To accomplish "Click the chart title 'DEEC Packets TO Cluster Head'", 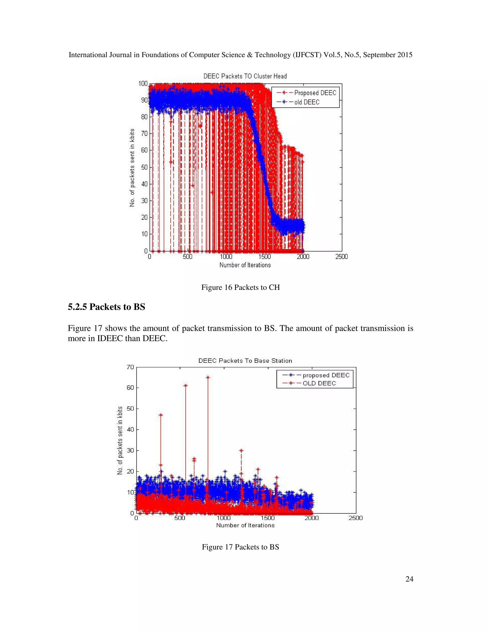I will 245,76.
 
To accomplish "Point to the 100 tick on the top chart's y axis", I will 143,84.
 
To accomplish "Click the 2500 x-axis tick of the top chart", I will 341,257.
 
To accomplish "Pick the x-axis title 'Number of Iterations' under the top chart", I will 245,265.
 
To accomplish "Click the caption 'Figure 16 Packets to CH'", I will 240,287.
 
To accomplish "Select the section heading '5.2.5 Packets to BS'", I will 106,307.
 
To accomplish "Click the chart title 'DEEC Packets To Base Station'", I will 245,361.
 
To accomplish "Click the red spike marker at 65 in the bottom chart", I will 208,377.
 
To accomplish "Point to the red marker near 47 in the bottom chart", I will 161,415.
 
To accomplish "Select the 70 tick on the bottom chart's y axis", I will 130,367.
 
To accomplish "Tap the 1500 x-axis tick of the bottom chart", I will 268,518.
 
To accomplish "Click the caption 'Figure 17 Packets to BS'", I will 240,547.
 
